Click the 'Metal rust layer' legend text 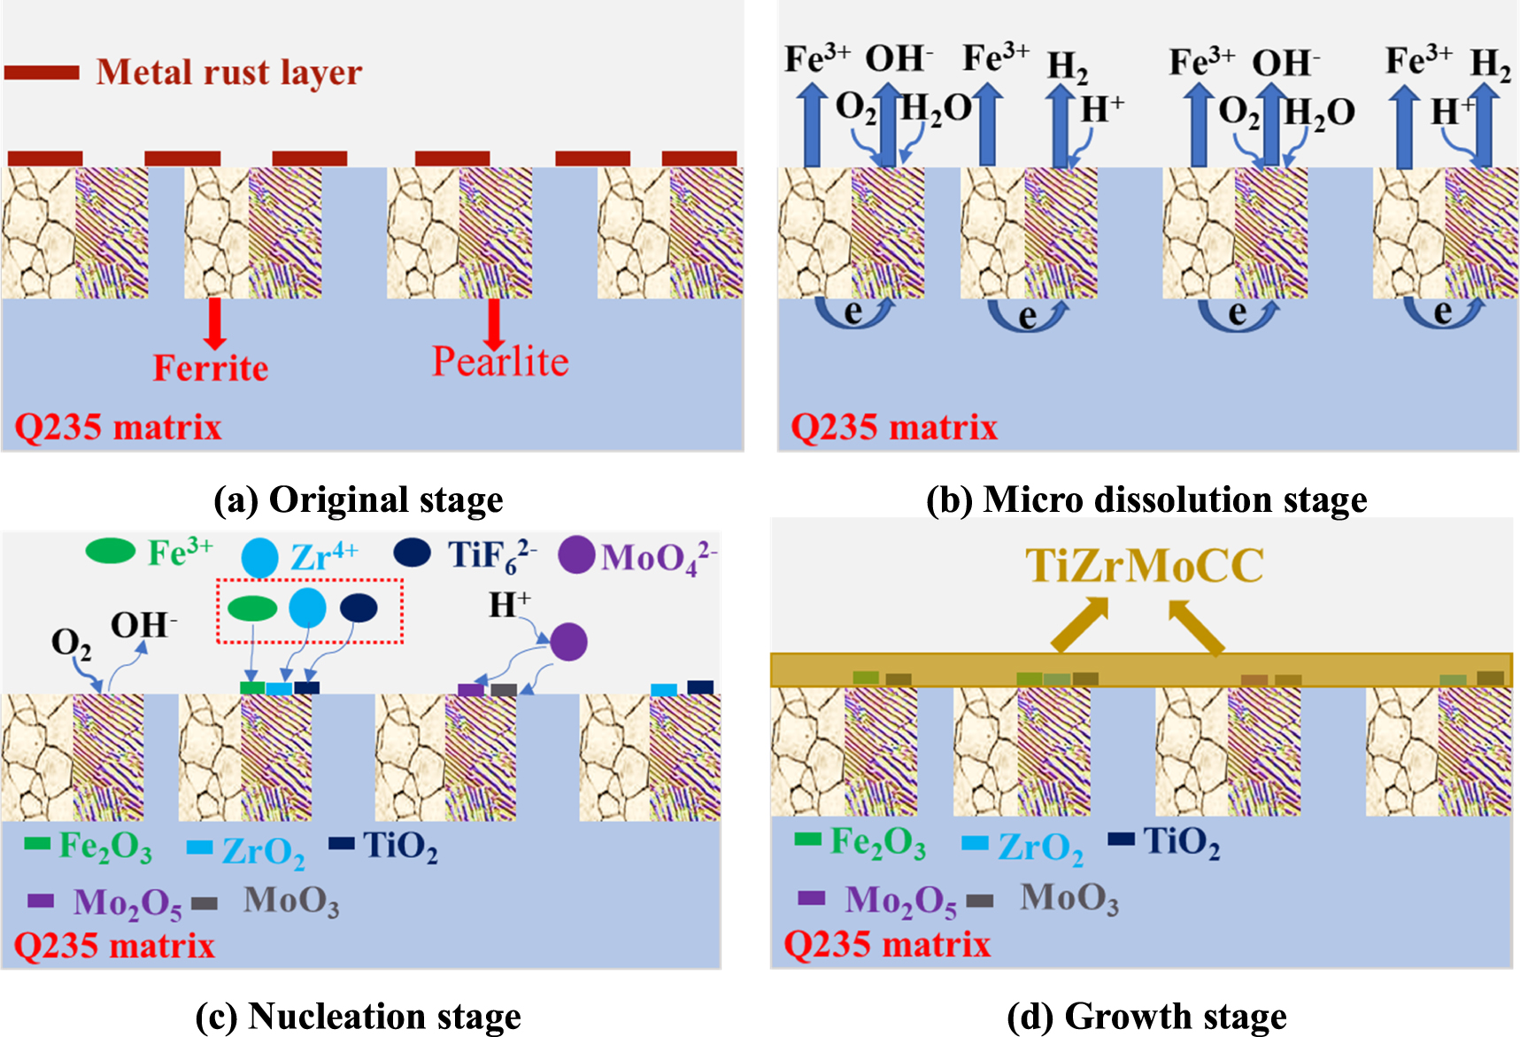point(228,73)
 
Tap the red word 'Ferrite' point(211,368)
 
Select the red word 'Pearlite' point(500,362)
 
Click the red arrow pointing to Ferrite point(213,323)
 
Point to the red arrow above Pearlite point(494,323)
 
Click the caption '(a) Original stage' point(359,499)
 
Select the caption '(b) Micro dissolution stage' point(1146,499)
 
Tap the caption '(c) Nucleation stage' point(359,1016)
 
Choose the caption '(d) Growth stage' point(1146,1016)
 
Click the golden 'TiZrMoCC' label point(1145,566)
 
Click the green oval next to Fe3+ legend point(110,552)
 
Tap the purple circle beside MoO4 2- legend point(576,555)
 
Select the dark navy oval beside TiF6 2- point(413,553)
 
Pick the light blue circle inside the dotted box point(307,607)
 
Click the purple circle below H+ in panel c point(568,642)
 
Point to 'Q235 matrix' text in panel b point(894,428)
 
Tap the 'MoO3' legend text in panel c point(291,901)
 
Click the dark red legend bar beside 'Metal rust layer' point(42,73)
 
